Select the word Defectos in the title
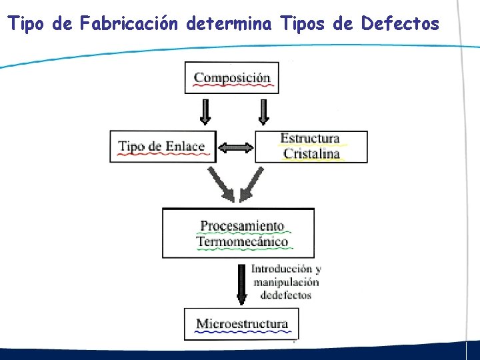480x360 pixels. click(400, 24)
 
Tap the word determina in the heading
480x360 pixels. click(229, 24)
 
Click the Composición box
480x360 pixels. click(231, 78)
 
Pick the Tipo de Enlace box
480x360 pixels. click(163, 147)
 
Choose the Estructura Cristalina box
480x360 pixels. click(311, 147)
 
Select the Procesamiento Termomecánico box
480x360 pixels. click(238, 233)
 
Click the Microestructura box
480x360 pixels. click(241, 325)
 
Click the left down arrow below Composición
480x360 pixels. click(205, 112)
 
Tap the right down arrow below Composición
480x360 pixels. click(264, 112)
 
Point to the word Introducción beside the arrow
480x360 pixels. click(281, 269)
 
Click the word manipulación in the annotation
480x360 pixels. click(286, 282)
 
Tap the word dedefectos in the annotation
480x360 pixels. click(286, 295)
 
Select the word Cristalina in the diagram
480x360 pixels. click(311, 154)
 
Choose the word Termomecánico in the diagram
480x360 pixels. click(242, 241)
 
